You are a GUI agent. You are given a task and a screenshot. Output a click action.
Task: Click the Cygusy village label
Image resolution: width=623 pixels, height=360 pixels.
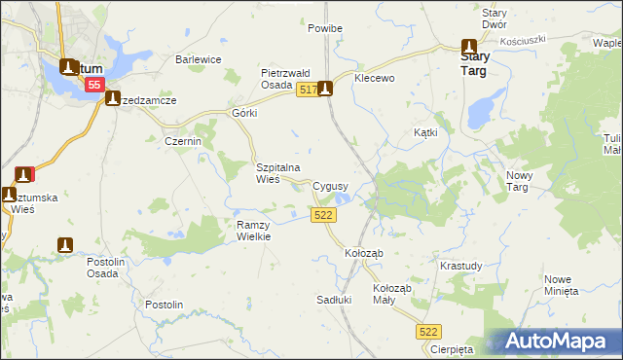[330, 185]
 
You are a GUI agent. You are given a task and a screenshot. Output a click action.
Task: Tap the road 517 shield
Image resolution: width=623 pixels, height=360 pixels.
[306, 90]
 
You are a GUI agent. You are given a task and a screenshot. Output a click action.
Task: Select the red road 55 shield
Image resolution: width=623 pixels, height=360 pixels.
[93, 86]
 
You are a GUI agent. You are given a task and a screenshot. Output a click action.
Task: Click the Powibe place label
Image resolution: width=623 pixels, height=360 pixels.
[325, 29]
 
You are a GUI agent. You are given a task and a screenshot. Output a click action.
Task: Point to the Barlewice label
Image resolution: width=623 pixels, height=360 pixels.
[199, 59]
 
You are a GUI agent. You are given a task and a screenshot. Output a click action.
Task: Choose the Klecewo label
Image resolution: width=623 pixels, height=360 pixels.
[375, 78]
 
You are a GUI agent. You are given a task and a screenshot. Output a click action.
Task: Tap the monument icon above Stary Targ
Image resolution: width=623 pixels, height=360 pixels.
[468, 46]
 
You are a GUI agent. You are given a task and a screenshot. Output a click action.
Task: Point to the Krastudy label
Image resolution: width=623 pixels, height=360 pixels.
[460, 266]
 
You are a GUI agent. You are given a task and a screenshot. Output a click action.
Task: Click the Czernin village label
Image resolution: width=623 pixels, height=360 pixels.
[182, 141]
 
